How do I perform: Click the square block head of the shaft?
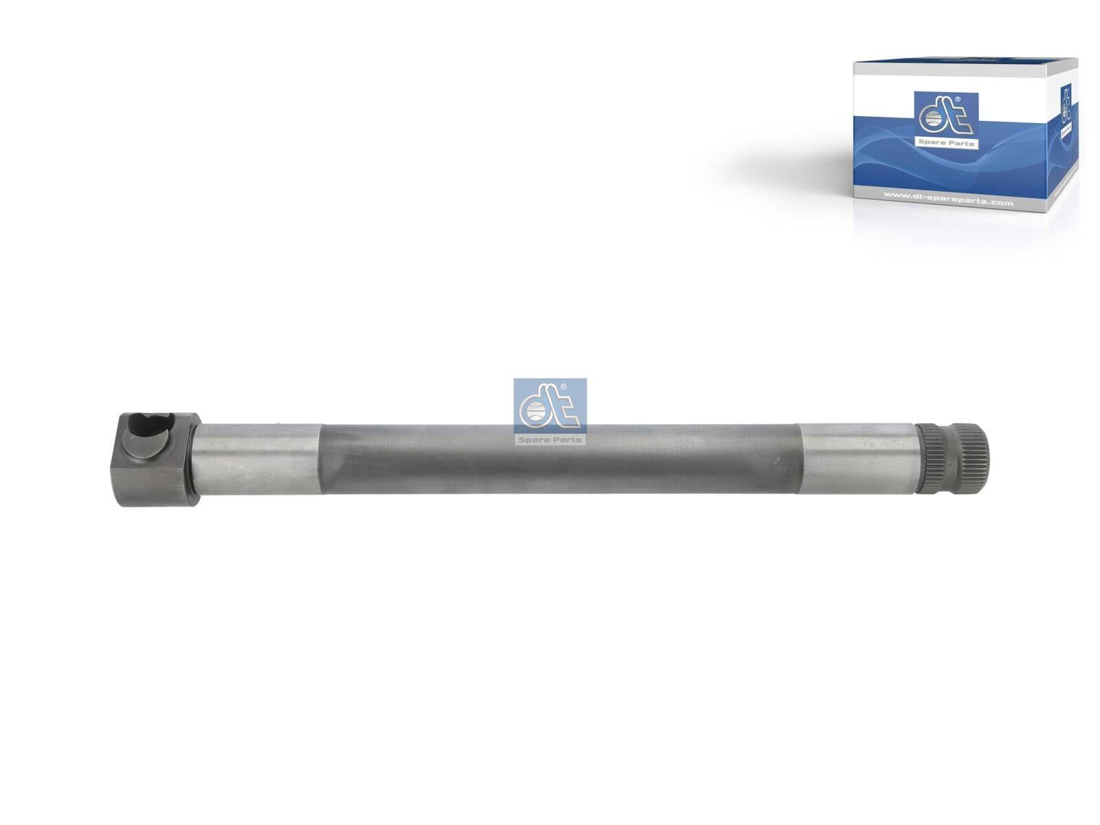pos(157,459)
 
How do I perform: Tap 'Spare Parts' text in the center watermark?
pos(550,439)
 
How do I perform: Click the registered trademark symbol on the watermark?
pos(564,388)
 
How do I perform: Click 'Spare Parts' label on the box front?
pos(946,144)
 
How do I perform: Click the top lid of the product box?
pos(962,65)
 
